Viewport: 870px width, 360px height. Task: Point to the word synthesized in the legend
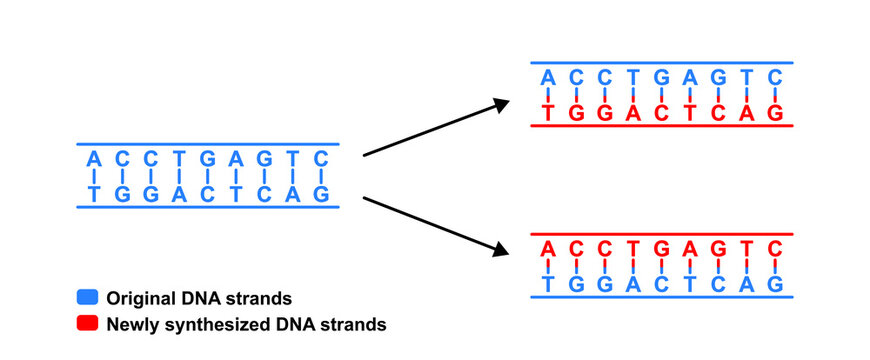221,324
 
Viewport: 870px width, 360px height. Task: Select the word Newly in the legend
131,324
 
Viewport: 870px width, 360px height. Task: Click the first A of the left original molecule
94,159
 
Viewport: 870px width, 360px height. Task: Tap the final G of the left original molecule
321,194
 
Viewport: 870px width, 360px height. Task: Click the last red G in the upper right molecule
774,112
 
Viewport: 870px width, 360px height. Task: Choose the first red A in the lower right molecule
547,249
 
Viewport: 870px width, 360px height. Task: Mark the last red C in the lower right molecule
774,249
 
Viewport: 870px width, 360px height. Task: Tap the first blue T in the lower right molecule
547,284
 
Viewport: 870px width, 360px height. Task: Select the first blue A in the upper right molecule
547,77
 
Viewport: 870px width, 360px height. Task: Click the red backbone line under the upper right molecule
661,126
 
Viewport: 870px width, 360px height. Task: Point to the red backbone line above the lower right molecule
661,234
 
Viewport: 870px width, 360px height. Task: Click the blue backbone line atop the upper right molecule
661,62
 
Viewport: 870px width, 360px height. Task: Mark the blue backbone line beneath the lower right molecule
661,298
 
